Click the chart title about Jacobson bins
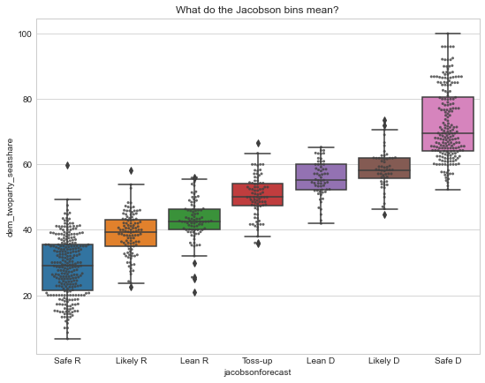(257, 10)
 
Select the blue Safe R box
(67, 267)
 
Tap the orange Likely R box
(131, 233)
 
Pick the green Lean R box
(194, 219)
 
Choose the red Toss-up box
(258, 194)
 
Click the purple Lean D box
(321, 176)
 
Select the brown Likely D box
(384, 168)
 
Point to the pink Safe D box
(448, 124)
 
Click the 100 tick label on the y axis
(25, 34)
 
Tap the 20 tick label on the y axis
(27, 296)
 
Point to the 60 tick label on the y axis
(27, 165)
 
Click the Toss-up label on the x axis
(257, 361)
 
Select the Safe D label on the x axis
(448, 361)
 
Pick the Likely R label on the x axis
(131, 361)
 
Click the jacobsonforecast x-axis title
(257, 372)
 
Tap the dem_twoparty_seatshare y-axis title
(10, 188)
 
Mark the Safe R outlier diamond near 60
(67, 166)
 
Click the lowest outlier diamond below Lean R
(194, 292)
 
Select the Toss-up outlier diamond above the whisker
(258, 143)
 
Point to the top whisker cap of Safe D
(448, 34)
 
